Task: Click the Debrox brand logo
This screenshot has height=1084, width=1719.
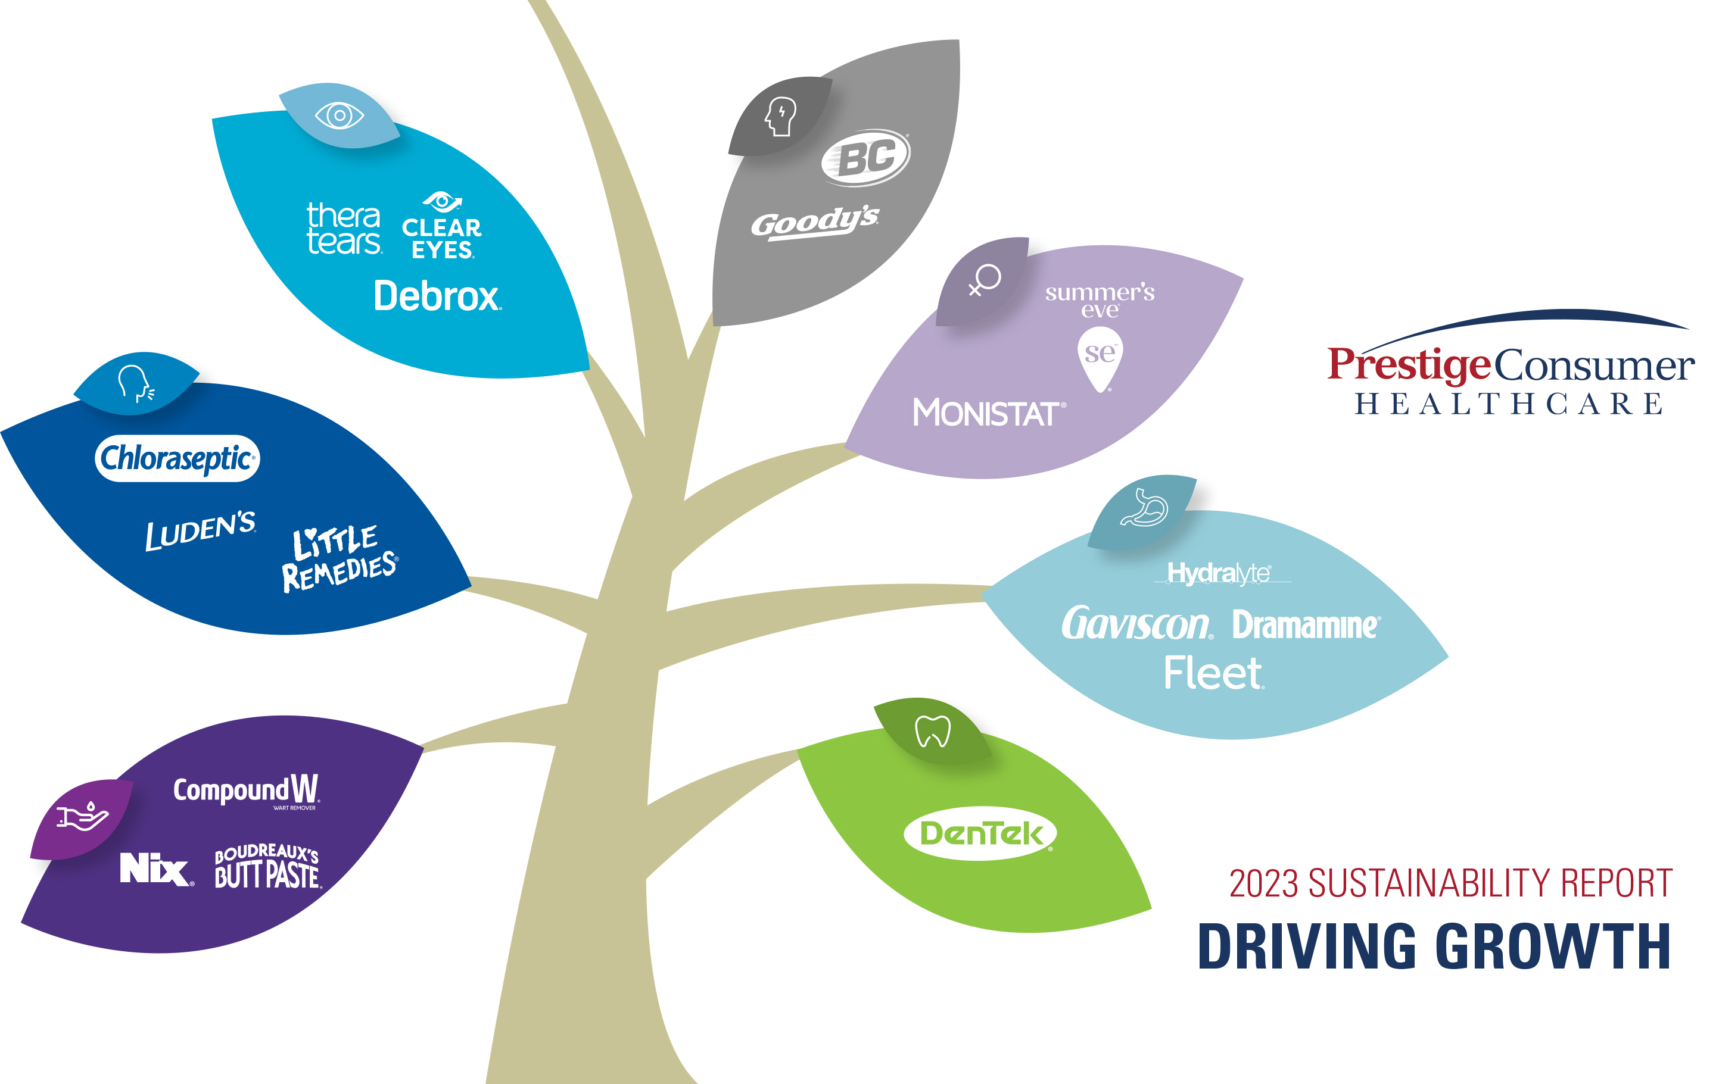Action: [437, 296]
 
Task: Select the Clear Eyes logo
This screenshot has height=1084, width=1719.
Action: [442, 227]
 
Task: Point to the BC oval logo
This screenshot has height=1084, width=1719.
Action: [866, 157]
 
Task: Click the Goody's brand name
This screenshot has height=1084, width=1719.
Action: [814, 223]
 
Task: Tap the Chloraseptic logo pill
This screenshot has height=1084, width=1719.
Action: [177, 458]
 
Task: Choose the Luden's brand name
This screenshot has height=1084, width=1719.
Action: [200, 530]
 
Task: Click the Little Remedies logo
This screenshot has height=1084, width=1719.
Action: [339, 559]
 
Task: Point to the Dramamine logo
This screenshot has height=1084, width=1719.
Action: [1306, 624]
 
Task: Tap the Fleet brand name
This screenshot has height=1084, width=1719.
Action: [1213, 673]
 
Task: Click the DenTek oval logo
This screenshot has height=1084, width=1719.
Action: [980, 833]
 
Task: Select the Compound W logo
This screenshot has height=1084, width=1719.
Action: [246, 791]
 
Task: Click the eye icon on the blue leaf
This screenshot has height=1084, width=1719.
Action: [339, 115]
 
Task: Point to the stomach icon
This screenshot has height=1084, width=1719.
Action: [1144, 508]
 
